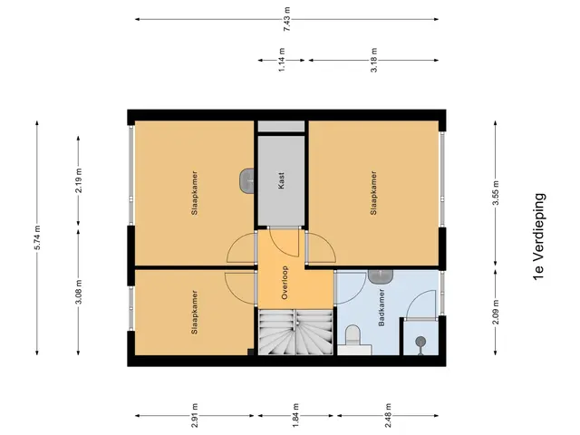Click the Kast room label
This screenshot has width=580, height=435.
click(x=282, y=180)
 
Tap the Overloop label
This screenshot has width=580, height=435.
click(x=285, y=283)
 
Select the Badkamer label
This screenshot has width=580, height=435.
click(x=382, y=308)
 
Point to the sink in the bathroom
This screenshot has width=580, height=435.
click(x=381, y=276)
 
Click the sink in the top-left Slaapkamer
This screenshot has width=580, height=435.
click(x=246, y=180)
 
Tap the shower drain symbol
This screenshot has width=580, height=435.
click(x=420, y=342)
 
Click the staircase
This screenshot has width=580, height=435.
click(x=295, y=333)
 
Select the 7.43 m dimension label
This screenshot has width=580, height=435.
click(x=287, y=19)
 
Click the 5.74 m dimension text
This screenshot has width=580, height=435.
click(x=37, y=237)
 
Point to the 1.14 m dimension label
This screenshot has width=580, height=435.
click(x=282, y=60)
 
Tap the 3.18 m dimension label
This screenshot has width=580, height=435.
click(x=374, y=60)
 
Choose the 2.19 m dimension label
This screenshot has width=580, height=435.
click(x=79, y=180)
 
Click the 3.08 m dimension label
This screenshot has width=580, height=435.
click(x=79, y=292)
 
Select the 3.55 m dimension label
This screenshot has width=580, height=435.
click(x=496, y=193)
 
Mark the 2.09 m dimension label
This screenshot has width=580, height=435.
click(x=496, y=312)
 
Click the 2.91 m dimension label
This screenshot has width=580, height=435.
click(x=195, y=415)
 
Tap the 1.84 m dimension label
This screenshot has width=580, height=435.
click(x=296, y=415)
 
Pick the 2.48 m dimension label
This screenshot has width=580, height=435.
click(x=388, y=415)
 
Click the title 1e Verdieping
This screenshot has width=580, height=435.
click(x=539, y=237)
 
